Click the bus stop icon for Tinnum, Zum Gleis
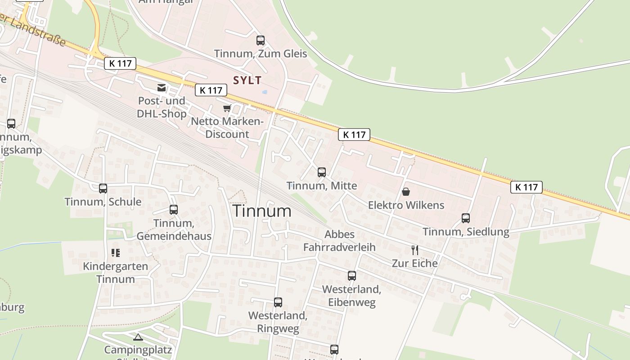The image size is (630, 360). (x=261, y=40)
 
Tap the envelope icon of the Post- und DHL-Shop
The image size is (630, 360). (x=162, y=88)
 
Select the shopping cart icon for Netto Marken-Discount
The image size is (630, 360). (x=227, y=108)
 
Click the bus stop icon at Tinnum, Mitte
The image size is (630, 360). (x=322, y=172)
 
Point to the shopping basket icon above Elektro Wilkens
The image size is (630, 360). (x=406, y=192)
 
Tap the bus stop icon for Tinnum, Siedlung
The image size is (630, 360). (x=466, y=218)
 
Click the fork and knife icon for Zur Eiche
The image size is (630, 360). (x=415, y=250)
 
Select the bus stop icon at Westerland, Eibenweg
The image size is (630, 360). (x=352, y=276)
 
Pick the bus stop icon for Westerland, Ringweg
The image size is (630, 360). (x=278, y=302)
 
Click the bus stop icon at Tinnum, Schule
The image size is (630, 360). (x=103, y=189)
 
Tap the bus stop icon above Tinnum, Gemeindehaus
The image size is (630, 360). (x=174, y=210)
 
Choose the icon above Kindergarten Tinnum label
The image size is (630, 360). (x=116, y=253)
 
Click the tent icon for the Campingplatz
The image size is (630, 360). (x=138, y=337)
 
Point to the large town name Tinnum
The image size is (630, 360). (x=262, y=211)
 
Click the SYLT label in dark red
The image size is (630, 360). (x=247, y=81)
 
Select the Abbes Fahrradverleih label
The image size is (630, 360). (x=339, y=241)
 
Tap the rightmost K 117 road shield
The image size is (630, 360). (x=526, y=187)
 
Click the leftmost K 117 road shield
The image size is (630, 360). (x=120, y=63)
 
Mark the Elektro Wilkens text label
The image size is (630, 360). (x=406, y=206)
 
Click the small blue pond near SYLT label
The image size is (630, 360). (x=264, y=92)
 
